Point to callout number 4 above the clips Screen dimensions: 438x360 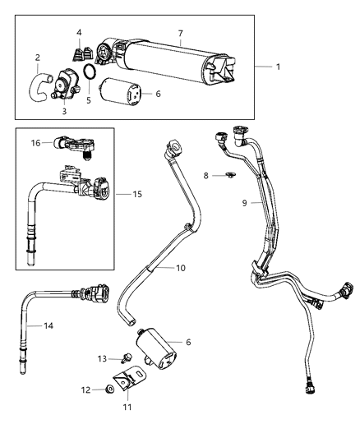(79, 34)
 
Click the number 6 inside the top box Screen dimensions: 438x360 (158, 94)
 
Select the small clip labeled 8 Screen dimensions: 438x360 (230, 175)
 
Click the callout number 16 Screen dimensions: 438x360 (36, 142)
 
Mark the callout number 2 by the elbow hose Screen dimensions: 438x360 (37, 57)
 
